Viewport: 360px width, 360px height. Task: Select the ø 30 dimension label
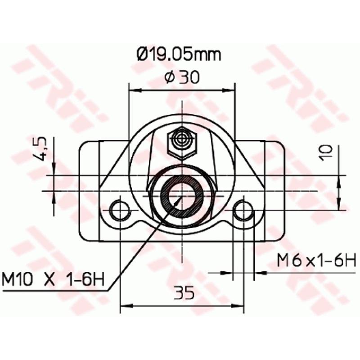click(182, 77)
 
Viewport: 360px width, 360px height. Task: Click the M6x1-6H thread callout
click(316, 260)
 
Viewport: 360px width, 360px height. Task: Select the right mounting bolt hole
click(244, 211)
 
